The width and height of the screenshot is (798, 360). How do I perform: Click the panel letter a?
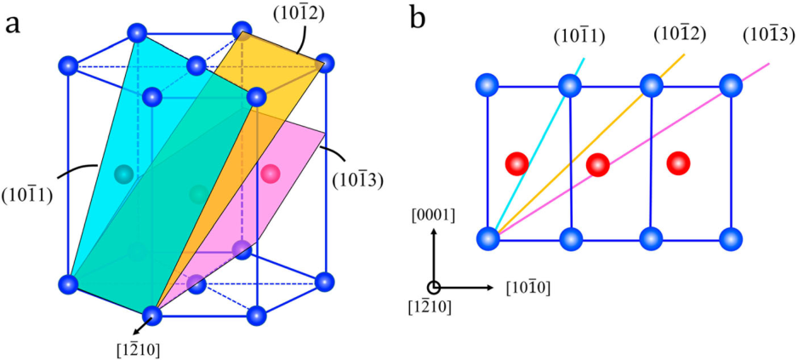tap(14, 24)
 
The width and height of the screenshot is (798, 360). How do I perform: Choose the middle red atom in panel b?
tap(598, 164)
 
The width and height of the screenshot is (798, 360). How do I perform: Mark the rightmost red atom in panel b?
tap(678, 163)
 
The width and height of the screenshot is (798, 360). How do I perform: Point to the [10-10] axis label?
tap(527, 289)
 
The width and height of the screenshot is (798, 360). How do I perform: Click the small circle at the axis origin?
tap(433, 288)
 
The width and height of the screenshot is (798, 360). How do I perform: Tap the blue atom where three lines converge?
tap(488, 238)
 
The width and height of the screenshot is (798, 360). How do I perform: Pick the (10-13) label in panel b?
tap(768, 35)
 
